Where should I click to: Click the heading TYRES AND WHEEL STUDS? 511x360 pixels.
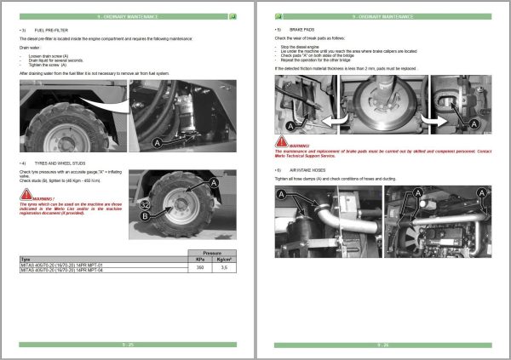[59, 163]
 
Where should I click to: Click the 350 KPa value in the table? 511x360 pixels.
[200, 267]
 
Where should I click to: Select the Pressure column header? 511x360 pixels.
[213, 253]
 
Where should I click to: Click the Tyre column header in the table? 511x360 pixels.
[26, 259]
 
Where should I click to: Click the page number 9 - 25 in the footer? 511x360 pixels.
[127, 345]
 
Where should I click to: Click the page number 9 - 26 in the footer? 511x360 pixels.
[383, 345]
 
